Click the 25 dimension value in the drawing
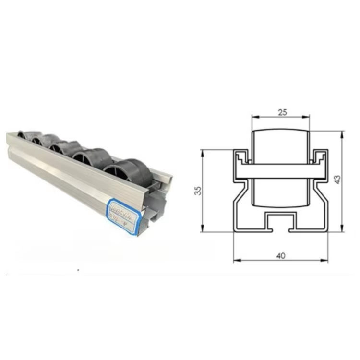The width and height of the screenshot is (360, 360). [x=281, y=112]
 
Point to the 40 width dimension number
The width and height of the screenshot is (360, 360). [x=281, y=256]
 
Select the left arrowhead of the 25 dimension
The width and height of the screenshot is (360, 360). [x=255, y=117]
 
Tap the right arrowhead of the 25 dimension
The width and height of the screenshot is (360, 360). [x=307, y=117]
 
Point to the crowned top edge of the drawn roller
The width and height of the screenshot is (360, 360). [x=281, y=129]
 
